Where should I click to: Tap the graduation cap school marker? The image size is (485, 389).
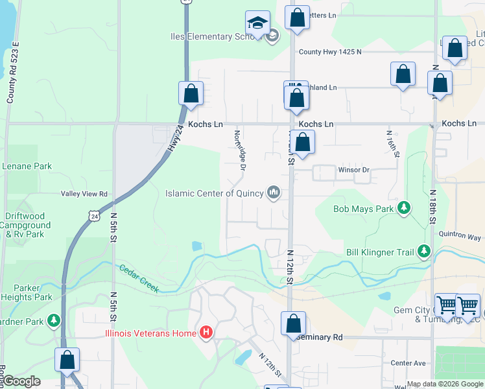tap(257, 23)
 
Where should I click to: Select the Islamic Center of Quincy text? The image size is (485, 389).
tap(214, 193)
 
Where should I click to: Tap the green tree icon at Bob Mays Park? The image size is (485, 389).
tap(405, 207)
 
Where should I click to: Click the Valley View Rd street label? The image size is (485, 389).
tap(84, 194)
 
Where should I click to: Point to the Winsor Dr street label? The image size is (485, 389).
tap(353, 171)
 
